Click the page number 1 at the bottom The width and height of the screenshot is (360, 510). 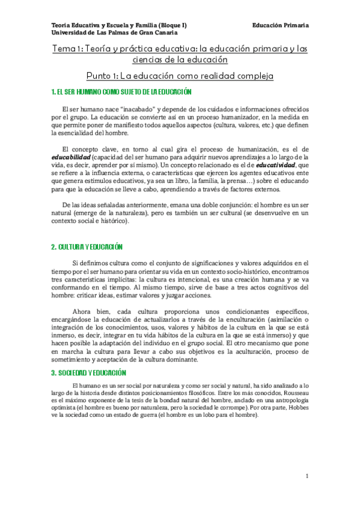pyautogui.click(x=307, y=476)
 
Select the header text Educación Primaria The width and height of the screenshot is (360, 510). pyautogui.click(x=281, y=26)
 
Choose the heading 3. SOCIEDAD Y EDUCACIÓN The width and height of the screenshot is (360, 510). pyautogui.click(x=88, y=373)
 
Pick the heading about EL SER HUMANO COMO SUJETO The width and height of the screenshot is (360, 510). pyautogui.click(x=121, y=92)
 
